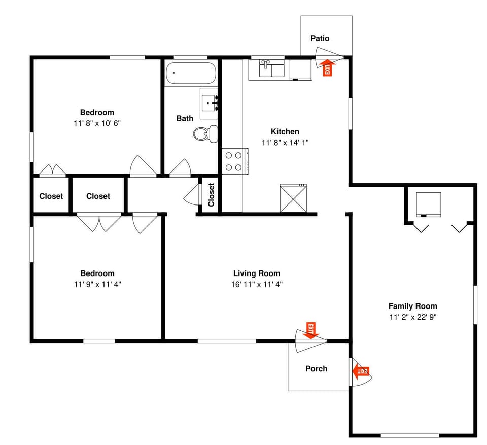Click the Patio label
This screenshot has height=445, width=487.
320,38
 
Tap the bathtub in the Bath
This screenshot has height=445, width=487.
191,73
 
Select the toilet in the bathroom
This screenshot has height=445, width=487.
205,133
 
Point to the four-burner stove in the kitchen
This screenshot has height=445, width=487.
234,161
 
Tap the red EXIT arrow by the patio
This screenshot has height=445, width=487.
328,67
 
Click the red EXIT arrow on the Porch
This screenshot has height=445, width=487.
361,372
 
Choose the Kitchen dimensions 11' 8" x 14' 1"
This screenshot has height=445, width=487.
285,143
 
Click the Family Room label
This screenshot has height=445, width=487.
412,306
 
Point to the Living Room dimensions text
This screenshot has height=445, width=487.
256,284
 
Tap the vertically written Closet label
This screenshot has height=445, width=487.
211,194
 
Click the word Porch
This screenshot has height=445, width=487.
316,368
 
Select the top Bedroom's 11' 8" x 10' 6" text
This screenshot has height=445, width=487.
97,123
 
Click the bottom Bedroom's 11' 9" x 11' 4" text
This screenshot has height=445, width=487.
97,284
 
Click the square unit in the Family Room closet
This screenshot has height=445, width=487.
428,204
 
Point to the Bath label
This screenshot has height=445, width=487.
185,118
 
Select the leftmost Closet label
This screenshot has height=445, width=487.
51,196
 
